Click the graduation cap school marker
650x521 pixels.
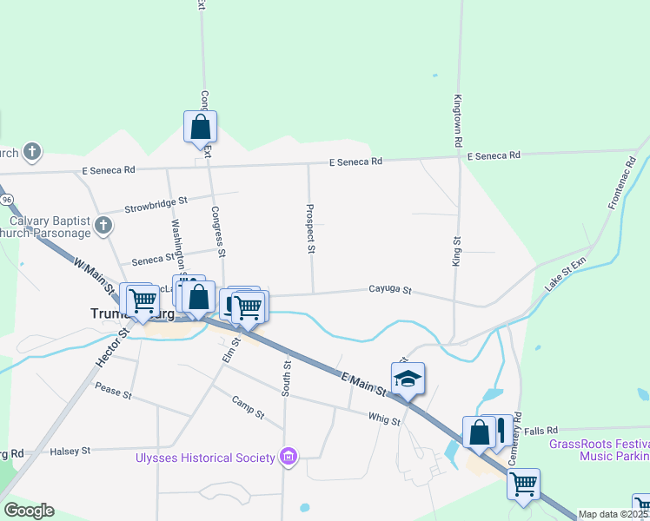click(408, 379)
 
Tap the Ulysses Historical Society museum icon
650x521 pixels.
click(289, 457)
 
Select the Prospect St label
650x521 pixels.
click(309, 229)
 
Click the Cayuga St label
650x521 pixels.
click(389, 290)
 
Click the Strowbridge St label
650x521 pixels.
click(156, 205)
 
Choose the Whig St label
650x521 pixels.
click(383, 420)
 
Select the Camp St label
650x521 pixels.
click(248, 406)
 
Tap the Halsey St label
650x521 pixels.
click(71, 451)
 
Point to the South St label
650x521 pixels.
click(285, 378)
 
